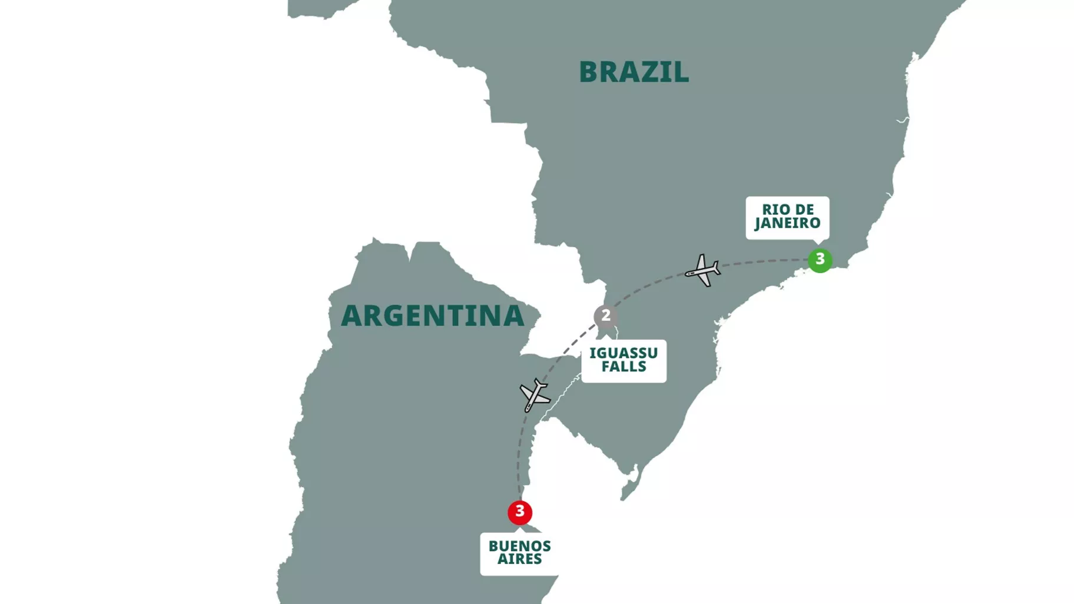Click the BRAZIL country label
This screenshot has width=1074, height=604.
pyautogui.click(x=634, y=72)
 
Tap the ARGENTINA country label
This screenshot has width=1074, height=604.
pyautogui.click(x=432, y=316)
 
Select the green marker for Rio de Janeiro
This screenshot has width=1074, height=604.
pyautogui.click(x=820, y=260)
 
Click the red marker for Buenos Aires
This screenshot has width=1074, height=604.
pyautogui.click(x=519, y=512)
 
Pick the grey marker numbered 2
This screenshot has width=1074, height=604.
pyautogui.click(x=605, y=316)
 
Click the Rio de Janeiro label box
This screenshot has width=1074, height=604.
pyautogui.click(x=787, y=217)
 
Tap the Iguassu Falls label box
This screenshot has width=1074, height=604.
pyautogui.click(x=624, y=360)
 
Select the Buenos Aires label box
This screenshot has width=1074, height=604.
pyautogui.click(x=519, y=553)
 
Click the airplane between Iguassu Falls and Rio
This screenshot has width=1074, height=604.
pyautogui.click(x=702, y=271)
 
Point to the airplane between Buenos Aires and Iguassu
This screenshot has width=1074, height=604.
pyautogui.click(x=535, y=395)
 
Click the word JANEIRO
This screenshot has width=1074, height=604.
pyautogui.click(x=787, y=224)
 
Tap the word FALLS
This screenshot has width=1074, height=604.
pyautogui.click(x=624, y=367)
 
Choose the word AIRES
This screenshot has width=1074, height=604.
pyautogui.click(x=519, y=559)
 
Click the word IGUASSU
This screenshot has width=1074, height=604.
pyautogui.click(x=624, y=353)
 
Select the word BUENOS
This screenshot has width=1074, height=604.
pyautogui.click(x=519, y=546)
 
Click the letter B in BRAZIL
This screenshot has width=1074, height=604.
pyautogui.click(x=589, y=72)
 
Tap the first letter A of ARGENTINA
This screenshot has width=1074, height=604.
pyautogui.click(x=352, y=316)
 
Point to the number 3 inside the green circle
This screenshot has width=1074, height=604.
pyautogui.click(x=820, y=260)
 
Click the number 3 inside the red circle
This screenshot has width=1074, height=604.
pyautogui.click(x=519, y=512)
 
